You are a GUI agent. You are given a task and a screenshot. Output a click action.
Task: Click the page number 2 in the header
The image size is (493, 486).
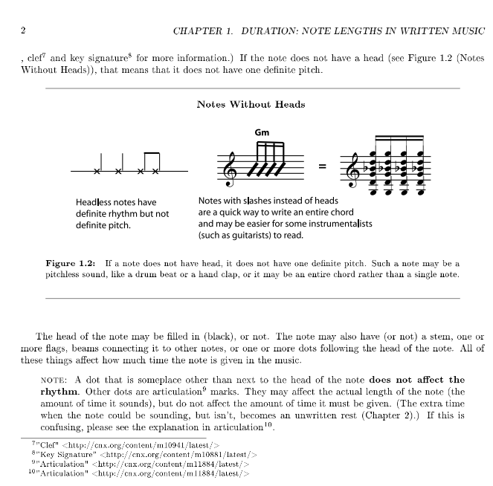pos(24,30)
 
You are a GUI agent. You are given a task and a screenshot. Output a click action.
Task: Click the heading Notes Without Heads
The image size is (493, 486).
pos(251,105)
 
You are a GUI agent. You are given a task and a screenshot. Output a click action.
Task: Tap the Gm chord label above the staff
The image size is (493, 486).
pos(262,133)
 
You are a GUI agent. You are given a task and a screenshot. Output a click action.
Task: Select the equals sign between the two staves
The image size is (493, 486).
pos(322,166)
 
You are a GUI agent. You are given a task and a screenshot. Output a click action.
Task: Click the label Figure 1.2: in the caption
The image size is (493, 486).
pos(71,264)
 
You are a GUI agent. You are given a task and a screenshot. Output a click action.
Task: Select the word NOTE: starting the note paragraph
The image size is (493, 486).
pos(53,380)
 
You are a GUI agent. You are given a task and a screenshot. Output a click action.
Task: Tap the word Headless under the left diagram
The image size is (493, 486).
pos(94,201)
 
